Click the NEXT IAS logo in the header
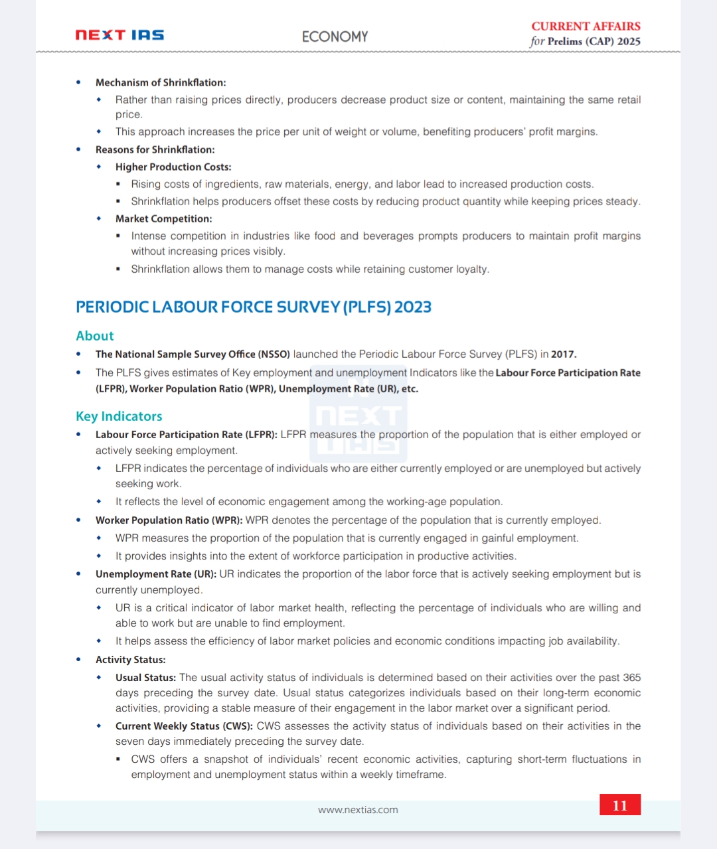pyautogui.click(x=119, y=35)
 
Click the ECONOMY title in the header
pyautogui.click(x=335, y=37)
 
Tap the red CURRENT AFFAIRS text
pyautogui.click(x=586, y=27)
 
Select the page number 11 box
pyautogui.click(x=620, y=805)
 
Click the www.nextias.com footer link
pyautogui.click(x=358, y=810)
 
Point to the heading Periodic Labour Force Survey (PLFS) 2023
pyautogui.click(x=254, y=307)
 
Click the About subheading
pyautogui.click(x=95, y=336)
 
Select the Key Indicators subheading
pyautogui.click(x=119, y=416)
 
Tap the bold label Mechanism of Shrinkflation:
pyautogui.click(x=161, y=82)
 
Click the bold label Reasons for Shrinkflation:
pyautogui.click(x=155, y=150)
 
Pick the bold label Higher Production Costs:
pyautogui.click(x=173, y=167)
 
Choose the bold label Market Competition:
pyautogui.click(x=163, y=219)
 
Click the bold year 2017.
pyautogui.click(x=563, y=354)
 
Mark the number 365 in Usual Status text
pyautogui.click(x=632, y=678)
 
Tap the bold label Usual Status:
pyautogui.click(x=145, y=678)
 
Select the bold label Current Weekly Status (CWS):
pyautogui.click(x=184, y=726)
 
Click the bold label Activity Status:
pyautogui.click(x=130, y=660)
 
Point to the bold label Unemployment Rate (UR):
pyautogui.click(x=155, y=574)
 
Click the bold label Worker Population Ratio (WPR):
pyautogui.click(x=169, y=520)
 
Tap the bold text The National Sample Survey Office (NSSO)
pyautogui.click(x=193, y=354)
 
